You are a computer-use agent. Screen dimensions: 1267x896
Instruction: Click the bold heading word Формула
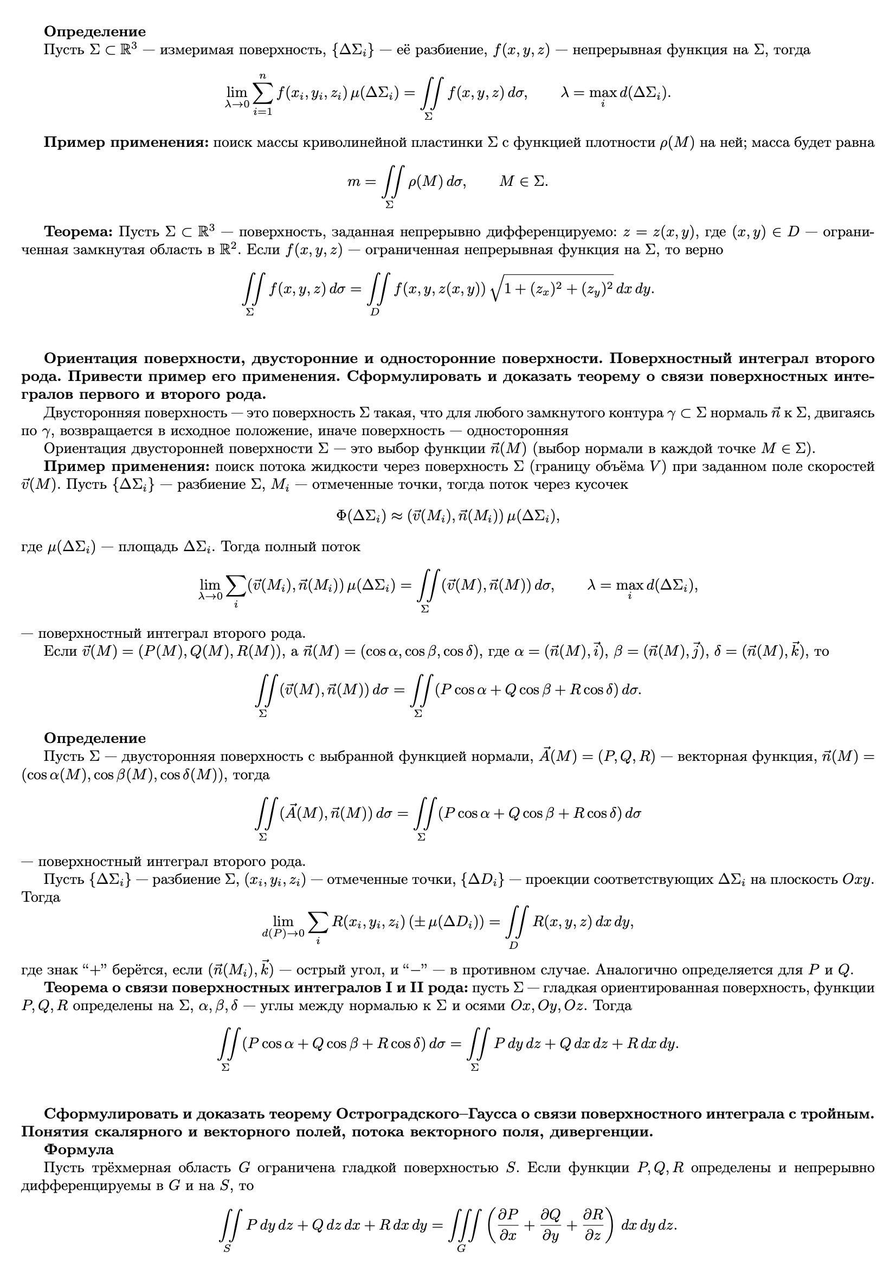(79, 1149)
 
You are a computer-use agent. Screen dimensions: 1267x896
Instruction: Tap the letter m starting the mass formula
(353, 182)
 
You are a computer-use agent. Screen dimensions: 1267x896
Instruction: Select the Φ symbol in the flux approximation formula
(341, 515)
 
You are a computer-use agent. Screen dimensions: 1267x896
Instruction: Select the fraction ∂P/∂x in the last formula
(507, 1225)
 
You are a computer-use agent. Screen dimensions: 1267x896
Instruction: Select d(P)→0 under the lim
(282, 933)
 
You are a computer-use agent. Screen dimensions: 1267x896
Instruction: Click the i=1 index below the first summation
(263, 112)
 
